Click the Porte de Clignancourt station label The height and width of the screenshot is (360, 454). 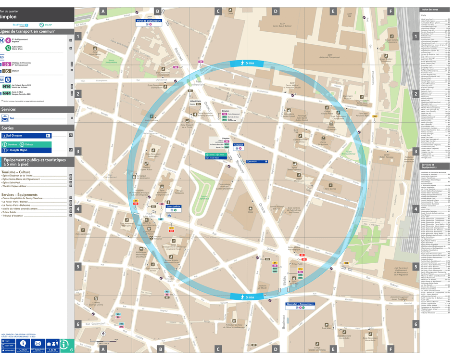pyautogui.click(x=148, y=21)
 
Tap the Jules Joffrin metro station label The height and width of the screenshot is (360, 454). pyautogui.click(x=174, y=206)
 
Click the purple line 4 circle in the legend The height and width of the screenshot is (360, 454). pyautogui.click(x=9, y=40)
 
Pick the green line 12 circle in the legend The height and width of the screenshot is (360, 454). pyautogui.click(x=9, y=48)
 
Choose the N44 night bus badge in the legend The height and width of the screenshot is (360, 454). pyautogui.click(x=7, y=93)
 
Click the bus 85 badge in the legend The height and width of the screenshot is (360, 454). pyautogui.click(x=7, y=71)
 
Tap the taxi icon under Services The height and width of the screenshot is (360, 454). pyautogui.click(x=5, y=118)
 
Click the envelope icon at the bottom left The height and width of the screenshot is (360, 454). pyautogui.click(x=38, y=343)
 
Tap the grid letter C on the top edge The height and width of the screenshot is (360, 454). pyautogui.click(x=218, y=11)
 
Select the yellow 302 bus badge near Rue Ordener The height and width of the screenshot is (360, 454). pyautogui.click(x=346, y=263)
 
